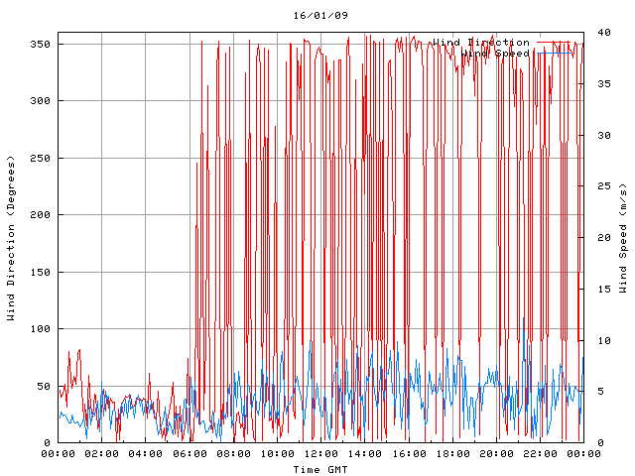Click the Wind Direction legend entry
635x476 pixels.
[481, 43]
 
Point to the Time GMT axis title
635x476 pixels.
[320, 469]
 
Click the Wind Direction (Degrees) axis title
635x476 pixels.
[11, 238]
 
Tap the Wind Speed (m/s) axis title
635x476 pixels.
[623, 238]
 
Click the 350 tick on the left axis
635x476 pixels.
[40, 45]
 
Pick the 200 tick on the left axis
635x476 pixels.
[40, 215]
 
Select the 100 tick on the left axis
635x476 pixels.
[40, 329]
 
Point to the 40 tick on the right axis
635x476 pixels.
[602, 33]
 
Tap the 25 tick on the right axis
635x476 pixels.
[602, 186]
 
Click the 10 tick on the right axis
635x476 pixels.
[602, 340]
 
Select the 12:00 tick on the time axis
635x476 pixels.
[320, 454]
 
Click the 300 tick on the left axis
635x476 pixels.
[40, 101]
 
